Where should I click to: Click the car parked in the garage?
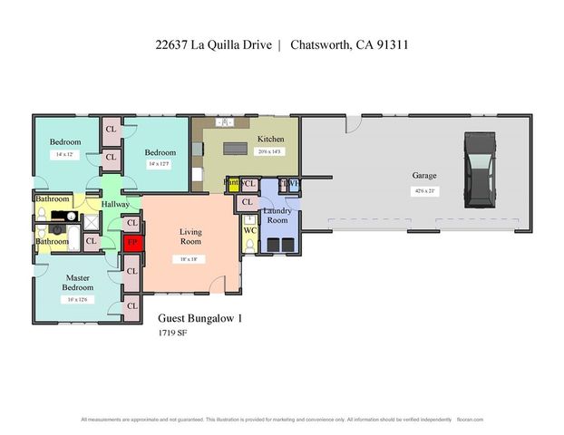(478, 169)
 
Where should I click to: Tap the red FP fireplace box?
(132, 243)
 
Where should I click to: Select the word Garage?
(424, 175)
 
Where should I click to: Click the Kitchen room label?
(270, 139)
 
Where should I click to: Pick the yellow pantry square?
(232, 184)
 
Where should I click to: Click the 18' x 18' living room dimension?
(190, 258)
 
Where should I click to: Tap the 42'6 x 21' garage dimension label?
(424, 191)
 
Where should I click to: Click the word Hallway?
(115, 205)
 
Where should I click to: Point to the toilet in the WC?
(250, 220)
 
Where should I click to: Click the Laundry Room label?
(277, 216)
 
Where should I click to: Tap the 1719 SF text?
(172, 333)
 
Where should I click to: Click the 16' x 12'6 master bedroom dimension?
(77, 300)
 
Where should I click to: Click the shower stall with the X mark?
(91, 221)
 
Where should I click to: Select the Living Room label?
(190, 237)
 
